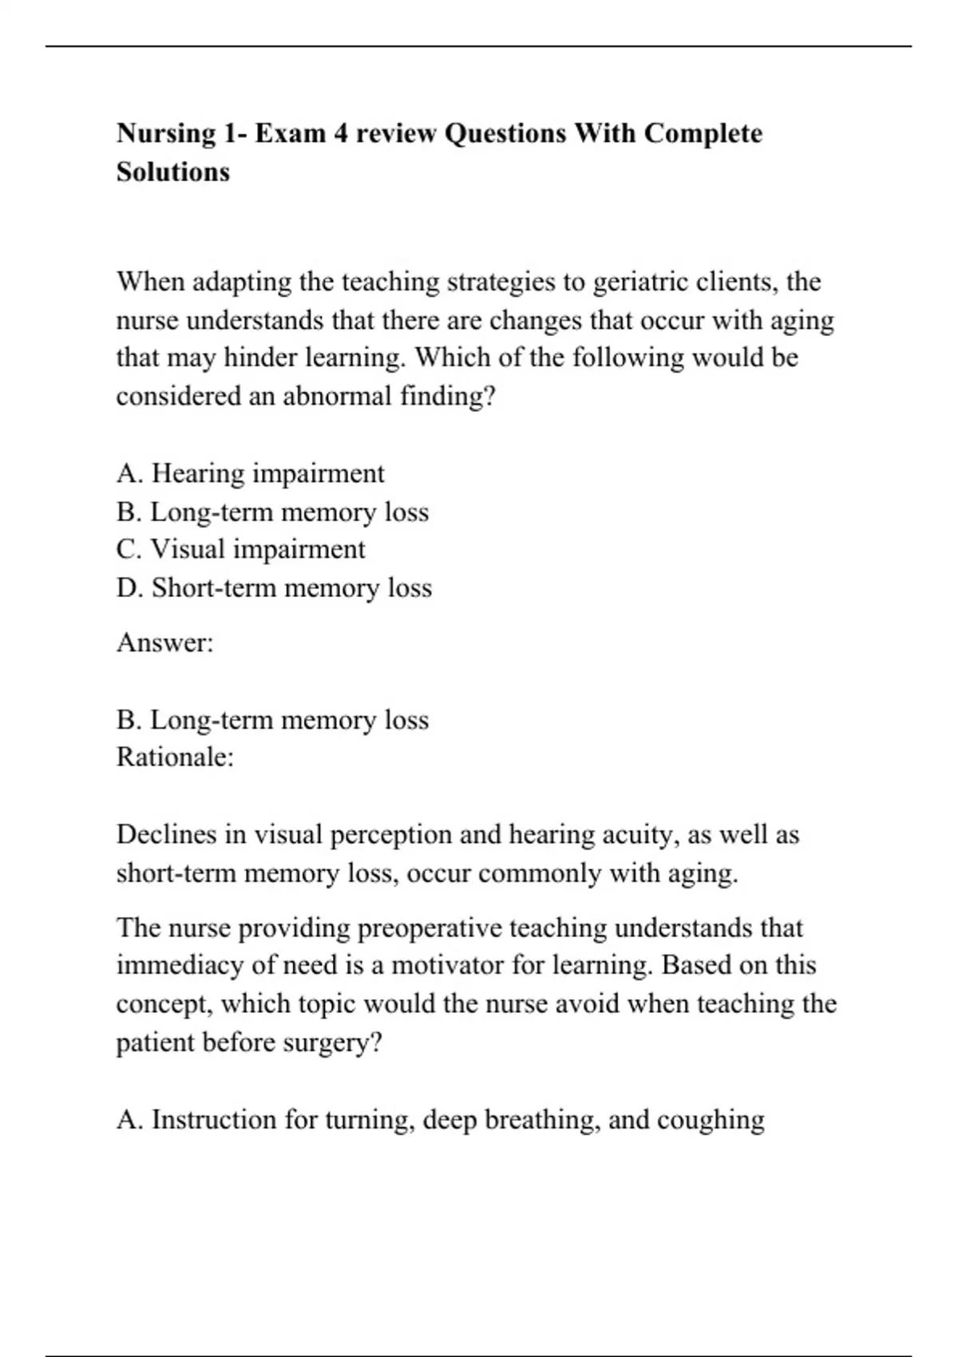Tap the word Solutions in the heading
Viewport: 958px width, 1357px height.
pyautogui.click(x=173, y=172)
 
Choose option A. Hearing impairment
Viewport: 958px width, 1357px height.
pyautogui.click(x=251, y=473)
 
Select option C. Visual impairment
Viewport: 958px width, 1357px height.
pyautogui.click(x=241, y=549)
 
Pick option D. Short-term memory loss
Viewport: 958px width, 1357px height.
pyautogui.click(x=274, y=588)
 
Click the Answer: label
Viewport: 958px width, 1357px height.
pyautogui.click(x=165, y=643)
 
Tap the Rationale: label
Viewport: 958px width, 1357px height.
pyautogui.click(x=175, y=757)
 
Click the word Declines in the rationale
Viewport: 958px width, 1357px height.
pyautogui.click(x=168, y=835)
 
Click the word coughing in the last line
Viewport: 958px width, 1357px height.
pyautogui.click(x=711, y=1120)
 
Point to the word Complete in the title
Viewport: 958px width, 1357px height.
pyautogui.click(x=703, y=133)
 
